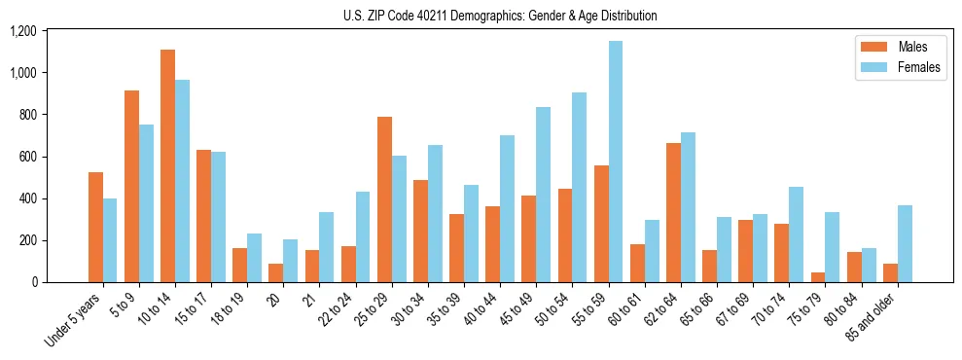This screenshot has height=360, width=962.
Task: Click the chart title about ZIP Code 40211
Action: pos(500,16)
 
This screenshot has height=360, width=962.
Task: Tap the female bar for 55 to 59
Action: pos(615,162)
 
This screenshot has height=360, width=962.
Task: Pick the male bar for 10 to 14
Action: pos(167,165)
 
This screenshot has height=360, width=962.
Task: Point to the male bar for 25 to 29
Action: pos(384,199)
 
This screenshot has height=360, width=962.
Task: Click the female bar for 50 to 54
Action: pos(579,187)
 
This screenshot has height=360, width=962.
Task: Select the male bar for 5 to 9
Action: pos(131,186)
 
